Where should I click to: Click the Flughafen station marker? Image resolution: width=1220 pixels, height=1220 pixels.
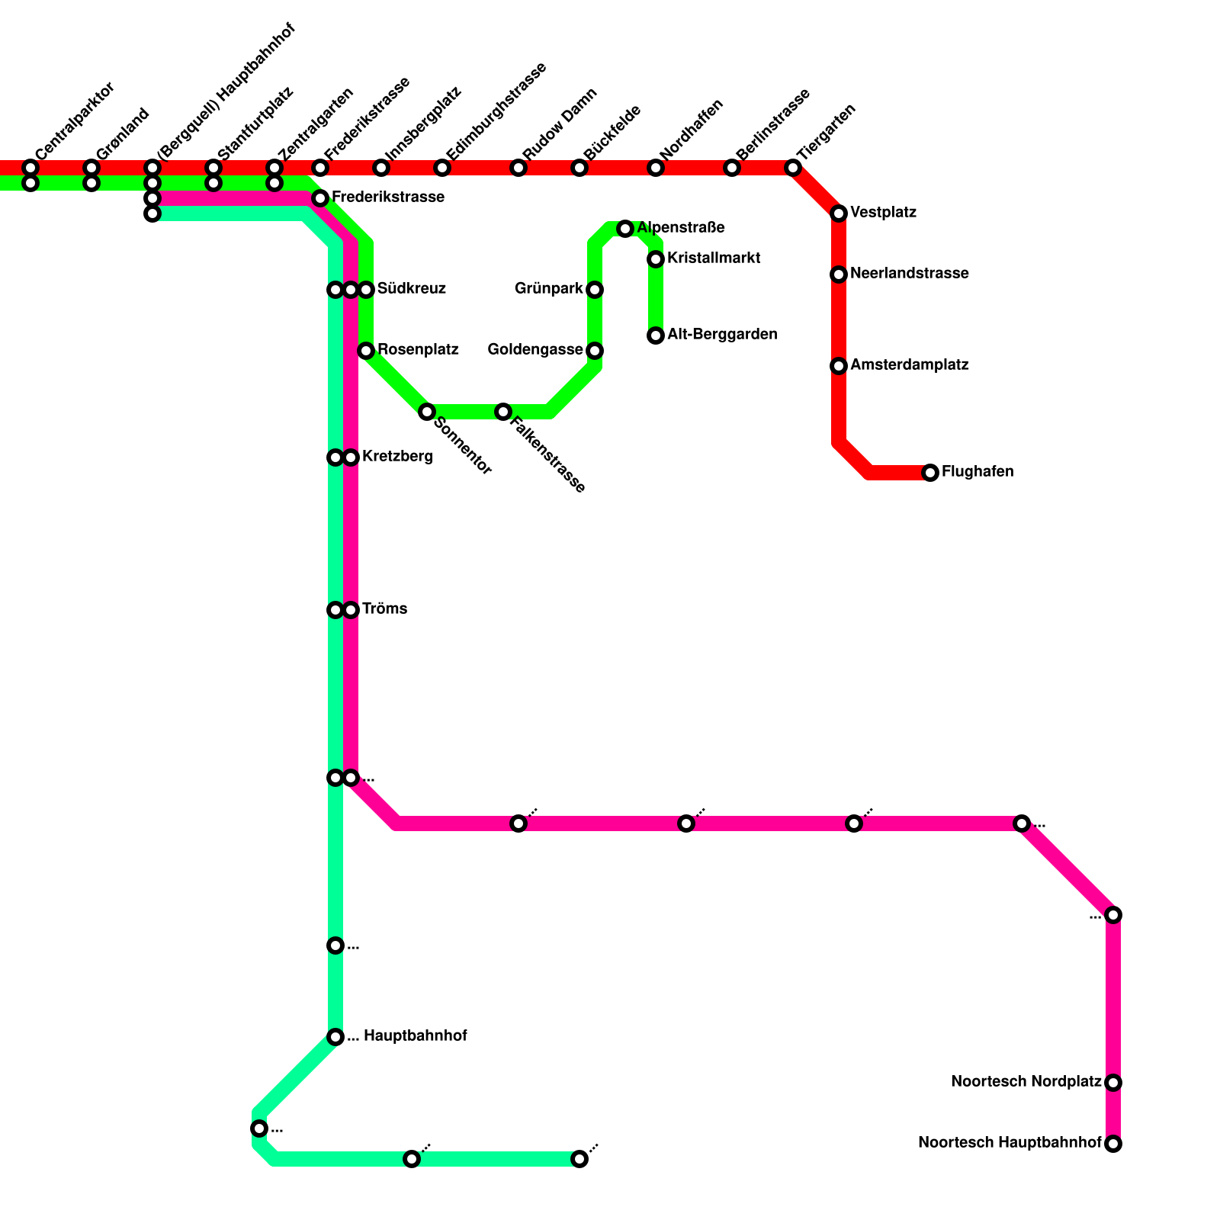pyautogui.click(x=930, y=473)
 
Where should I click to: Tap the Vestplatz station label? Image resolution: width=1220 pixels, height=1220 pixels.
pyautogui.click(x=883, y=213)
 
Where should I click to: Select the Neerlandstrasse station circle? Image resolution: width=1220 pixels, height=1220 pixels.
pyautogui.click(x=839, y=274)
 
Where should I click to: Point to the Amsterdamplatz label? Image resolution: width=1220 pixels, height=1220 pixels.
pyautogui.click(x=909, y=365)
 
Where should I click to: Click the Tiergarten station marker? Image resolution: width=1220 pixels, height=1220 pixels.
pyautogui.click(x=793, y=168)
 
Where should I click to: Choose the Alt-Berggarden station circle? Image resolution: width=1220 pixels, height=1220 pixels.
pyautogui.click(x=656, y=335)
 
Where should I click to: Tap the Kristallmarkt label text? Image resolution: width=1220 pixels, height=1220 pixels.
pyautogui.click(x=713, y=258)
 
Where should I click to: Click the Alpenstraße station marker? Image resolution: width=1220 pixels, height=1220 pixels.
pyautogui.click(x=625, y=229)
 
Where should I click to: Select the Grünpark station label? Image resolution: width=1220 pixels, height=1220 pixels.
pyautogui.click(x=548, y=289)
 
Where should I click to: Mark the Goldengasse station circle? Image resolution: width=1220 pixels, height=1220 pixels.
pyautogui.click(x=595, y=351)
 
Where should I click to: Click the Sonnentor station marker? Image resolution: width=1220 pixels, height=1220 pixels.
pyautogui.click(x=427, y=412)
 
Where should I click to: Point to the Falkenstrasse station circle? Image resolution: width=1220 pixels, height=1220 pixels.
pyautogui.click(x=503, y=412)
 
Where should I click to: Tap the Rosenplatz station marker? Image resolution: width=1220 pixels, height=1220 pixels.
pyautogui.click(x=366, y=351)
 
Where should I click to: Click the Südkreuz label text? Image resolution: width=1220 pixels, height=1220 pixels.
pyautogui.click(x=411, y=289)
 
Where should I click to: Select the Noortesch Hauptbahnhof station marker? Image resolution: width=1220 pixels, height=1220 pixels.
pyautogui.click(x=1113, y=1144)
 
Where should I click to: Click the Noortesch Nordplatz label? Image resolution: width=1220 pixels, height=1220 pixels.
pyautogui.click(x=1026, y=1082)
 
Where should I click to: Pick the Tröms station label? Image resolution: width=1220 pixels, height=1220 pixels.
pyautogui.click(x=384, y=609)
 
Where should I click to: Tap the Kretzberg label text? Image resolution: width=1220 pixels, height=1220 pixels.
pyautogui.click(x=397, y=457)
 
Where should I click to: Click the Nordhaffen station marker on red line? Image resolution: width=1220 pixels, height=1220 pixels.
pyautogui.click(x=656, y=168)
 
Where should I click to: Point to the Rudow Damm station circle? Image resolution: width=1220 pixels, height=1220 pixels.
pyautogui.click(x=518, y=168)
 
